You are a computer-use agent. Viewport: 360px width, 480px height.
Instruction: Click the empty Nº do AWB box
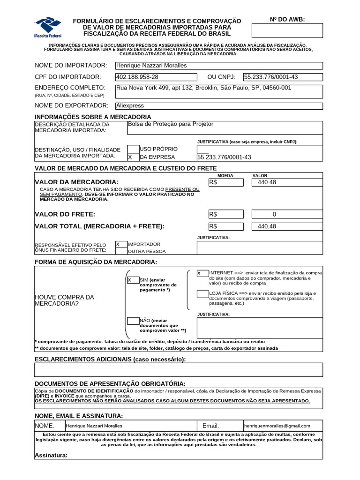point(287,30)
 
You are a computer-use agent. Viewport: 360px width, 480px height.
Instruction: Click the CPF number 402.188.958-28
point(137,77)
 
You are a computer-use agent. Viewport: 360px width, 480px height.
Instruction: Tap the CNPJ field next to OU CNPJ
point(283,77)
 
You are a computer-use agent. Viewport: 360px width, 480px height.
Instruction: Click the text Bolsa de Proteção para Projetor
point(170,124)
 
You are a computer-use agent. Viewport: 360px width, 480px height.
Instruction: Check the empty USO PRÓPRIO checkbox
point(133,149)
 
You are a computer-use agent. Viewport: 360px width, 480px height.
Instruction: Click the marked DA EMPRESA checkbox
point(133,157)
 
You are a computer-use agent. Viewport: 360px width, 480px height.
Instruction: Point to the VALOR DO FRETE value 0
point(275,214)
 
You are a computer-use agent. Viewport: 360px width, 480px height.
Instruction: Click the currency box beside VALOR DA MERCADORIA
point(226,182)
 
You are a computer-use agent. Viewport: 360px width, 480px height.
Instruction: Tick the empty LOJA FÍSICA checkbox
point(202,294)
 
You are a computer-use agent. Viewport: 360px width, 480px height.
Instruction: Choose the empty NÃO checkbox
point(133,321)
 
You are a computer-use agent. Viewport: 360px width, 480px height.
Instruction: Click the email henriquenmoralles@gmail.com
point(277,426)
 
